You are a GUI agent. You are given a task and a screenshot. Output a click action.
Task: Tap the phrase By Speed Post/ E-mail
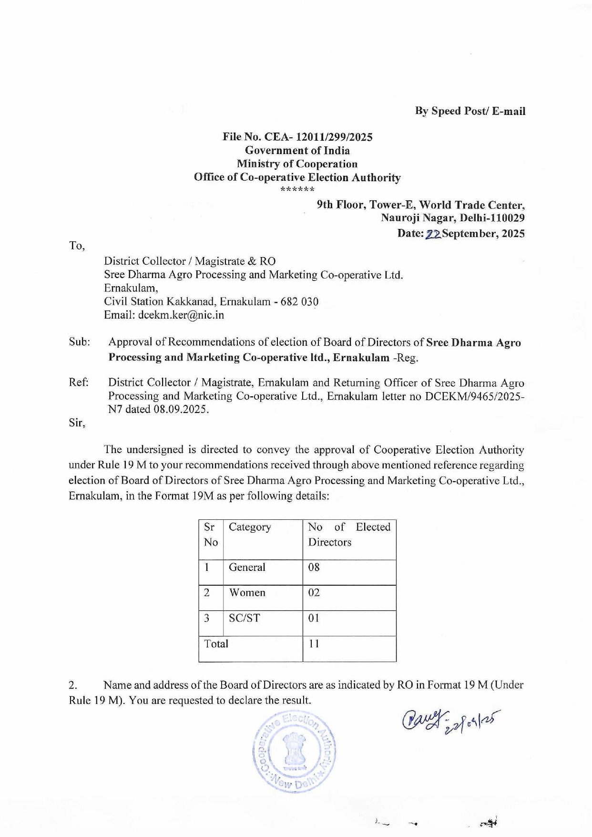[x=470, y=111]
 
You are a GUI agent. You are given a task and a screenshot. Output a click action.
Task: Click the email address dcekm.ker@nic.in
[x=181, y=315]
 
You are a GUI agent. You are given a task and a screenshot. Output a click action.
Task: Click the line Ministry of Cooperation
[x=297, y=164]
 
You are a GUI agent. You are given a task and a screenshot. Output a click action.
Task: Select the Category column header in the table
[x=250, y=527]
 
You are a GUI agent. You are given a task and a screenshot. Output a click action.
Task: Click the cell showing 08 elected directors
[x=314, y=568]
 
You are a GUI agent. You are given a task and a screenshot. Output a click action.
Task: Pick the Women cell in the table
[x=247, y=593]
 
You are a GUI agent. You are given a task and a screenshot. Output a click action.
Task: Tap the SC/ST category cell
[x=244, y=618]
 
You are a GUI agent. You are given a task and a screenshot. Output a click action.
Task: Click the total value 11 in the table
[x=313, y=644]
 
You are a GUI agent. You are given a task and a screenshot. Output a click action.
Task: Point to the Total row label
[x=216, y=644]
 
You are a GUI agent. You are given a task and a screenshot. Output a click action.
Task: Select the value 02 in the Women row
[x=314, y=593]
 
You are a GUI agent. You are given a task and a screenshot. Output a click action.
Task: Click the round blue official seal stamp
[x=294, y=752]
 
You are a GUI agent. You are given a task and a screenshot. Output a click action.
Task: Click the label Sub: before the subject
[x=79, y=342]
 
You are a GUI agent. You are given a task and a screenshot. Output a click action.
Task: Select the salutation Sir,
[x=77, y=423]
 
